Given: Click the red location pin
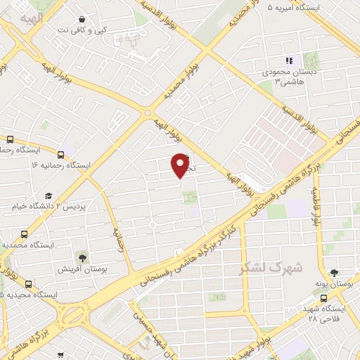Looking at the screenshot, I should pos(181,165).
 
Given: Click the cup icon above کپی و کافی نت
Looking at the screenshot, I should pos(83,20).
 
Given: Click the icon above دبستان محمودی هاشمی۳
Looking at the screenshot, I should pos(288,61).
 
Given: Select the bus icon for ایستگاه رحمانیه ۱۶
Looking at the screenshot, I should pos(62,153).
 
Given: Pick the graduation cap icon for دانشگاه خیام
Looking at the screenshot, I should pos(49,195).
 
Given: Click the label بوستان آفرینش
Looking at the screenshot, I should pos(82,269).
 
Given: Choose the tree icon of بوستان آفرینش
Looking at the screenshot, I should pos(82,257).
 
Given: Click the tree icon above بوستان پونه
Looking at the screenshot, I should pos(334,272).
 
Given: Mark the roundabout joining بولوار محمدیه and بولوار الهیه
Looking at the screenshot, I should pos(148,112).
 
